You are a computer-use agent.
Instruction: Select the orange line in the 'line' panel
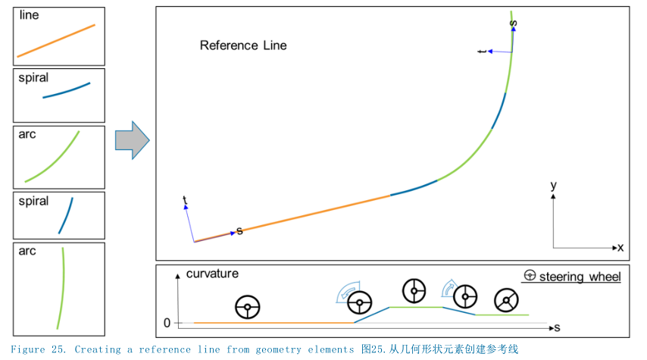pyautogui.click(x=56, y=40)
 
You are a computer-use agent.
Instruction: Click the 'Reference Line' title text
pyautogui.click(x=243, y=45)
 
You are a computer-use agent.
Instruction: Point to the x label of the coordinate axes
pyautogui.click(x=620, y=248)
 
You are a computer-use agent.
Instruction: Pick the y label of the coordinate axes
pyautogui.click(x=554, y=185)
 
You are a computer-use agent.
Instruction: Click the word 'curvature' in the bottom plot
pyautogui.click(x=212, y=274)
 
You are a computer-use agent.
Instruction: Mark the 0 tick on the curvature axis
pyautogui.click(x=167, y=323)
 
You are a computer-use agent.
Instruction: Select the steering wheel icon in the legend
pyautogui.click(x=530, y=277)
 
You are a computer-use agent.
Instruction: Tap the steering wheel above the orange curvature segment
pyautogui.click(x=248, y=307)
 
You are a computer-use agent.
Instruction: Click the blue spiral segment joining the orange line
pyautogui.click(x=414, y=189)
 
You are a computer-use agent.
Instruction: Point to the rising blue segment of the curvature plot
pyautogui.click(x=371, y=315)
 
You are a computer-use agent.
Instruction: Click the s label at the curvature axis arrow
pyautogui.click(x=556, y=327)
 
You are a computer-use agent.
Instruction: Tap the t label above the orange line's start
pyautogui.click(x=185, y=200)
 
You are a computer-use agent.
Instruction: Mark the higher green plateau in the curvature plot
pyautogui.click(x=415, y=307)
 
